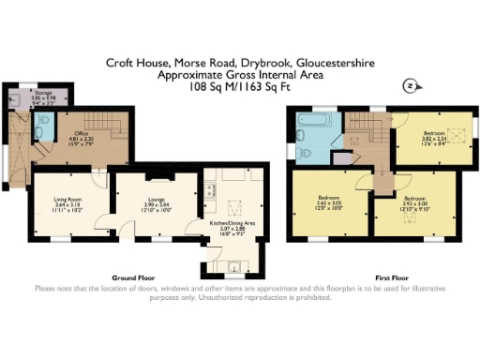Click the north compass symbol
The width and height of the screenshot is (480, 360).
coord(408,86)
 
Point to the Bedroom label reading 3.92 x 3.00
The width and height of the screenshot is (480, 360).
coord(412,203)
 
